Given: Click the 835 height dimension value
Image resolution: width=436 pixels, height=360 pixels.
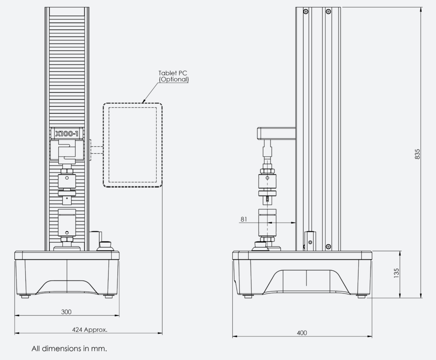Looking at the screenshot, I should click(x=417, y=153).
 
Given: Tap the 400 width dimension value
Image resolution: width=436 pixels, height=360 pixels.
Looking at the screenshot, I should click(x=303, y=332).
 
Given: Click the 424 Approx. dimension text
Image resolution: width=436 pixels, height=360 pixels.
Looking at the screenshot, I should click(x=89, y=330).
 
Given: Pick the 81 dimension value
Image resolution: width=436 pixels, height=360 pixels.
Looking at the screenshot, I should click(x=243, y=219).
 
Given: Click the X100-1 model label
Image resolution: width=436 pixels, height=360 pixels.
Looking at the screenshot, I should click(x=66, y=133).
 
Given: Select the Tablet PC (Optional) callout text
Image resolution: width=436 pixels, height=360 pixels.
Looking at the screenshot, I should click(x=174, y=76).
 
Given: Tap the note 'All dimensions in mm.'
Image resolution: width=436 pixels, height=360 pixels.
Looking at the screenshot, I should click(x=69, y=348).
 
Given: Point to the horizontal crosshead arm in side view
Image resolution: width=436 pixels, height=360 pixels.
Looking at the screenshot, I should click(x=276, y=132).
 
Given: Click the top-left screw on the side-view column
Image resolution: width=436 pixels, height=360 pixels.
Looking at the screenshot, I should click(x=306, y=11).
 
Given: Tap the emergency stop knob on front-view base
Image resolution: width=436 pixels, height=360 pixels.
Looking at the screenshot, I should click(x=106, y=245).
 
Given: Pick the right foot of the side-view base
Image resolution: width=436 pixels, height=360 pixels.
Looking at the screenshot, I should click(x=361, y=296).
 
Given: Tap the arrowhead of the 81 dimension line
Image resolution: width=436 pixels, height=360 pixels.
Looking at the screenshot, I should click(x=293, y=223).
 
